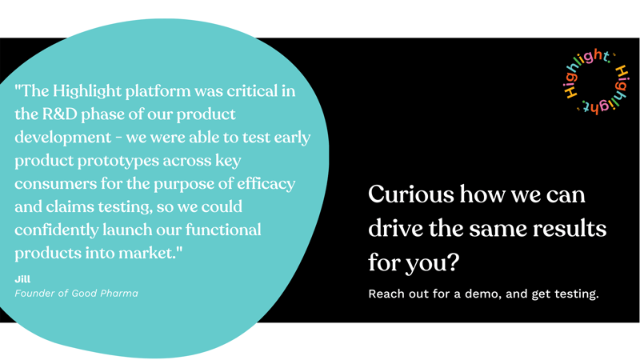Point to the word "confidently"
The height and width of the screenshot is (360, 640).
click(60, 230)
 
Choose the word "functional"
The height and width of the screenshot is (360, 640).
click(222, 230)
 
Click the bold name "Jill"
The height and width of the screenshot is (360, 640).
click(22, 278)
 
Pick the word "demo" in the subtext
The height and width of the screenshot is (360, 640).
click(478, 294)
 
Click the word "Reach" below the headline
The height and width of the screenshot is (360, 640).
click(386, 294)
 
